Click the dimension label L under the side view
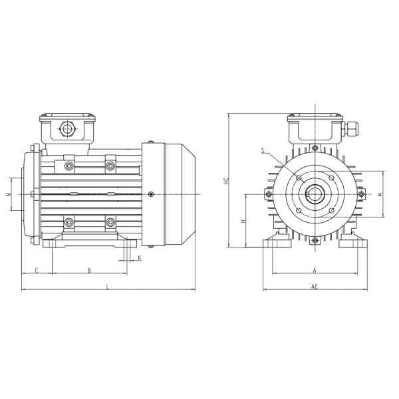[x=108, y=286]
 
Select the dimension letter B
[x=90, y=270]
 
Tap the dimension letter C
[x=36, y=270]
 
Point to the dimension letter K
[x=139, y=257]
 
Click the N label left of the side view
[x=7, y=194]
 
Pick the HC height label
[x=225, y=180]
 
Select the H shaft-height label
[x=244, y=220]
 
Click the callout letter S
[x=264, y=152]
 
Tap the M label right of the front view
[x=379, y=194]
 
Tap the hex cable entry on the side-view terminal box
[x=66, y=128]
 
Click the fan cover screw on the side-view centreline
[x=152, y=194]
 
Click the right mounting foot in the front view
[x=352, y=243]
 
